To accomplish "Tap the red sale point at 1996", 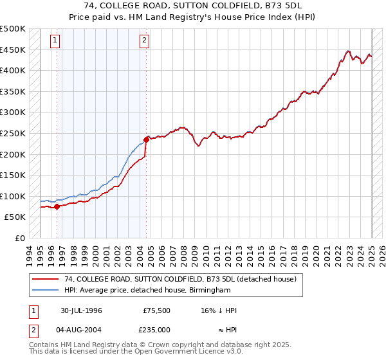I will pos(57,206).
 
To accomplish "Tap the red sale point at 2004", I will pos(147,139).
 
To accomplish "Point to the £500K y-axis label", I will pos(13,29).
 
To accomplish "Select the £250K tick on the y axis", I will pos(13,133).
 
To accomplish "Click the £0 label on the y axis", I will pos(19,238).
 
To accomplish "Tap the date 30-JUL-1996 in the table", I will pos(82,310).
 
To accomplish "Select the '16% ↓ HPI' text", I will pos(219,310).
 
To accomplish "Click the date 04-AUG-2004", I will pos(82,330).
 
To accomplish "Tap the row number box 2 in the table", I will pos(33,330).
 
